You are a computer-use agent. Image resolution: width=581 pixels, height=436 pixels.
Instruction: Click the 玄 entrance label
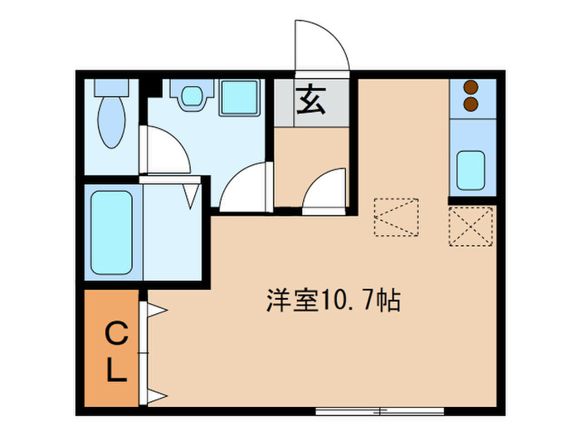pyautogui.click(x=311, y=102)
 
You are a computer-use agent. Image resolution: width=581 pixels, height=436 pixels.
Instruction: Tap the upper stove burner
pyautogui.click(x=471, y=86)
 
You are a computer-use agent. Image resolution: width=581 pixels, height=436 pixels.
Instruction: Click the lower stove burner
pyautogui.click(x=471, y=102)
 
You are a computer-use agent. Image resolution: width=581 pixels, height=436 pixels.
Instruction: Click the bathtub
pyautogui.click(x=110, y=233)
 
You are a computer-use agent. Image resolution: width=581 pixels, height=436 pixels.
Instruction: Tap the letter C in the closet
pyautogui.click(x=116, y=336)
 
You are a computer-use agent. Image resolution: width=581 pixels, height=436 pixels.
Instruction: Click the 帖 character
pyautogui.click(x=388, y=301)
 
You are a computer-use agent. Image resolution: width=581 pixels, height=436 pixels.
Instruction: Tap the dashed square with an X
pyautogui.click(x=471, y=226)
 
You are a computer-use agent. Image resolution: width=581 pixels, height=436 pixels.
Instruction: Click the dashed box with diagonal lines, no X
pyautogui.click(x=396, y=218)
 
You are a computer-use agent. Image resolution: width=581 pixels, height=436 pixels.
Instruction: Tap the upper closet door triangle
pyautogui.click(x=156, y=311)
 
